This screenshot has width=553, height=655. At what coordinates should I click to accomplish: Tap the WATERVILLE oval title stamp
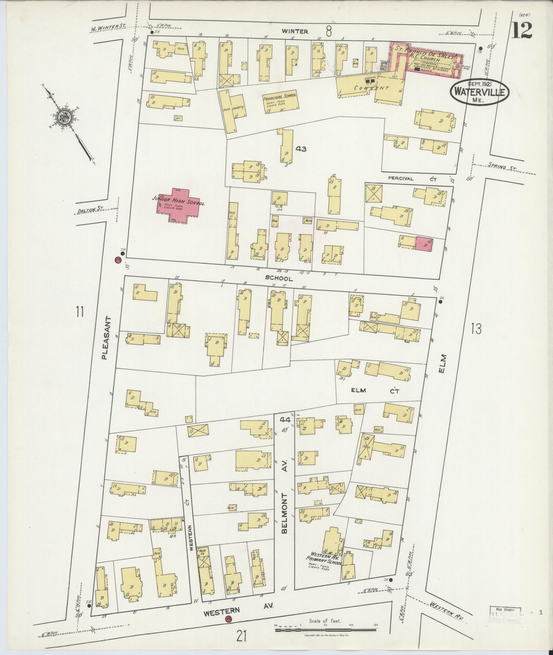point(479,91)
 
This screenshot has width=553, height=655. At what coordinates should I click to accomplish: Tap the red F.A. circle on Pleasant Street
point(118,260)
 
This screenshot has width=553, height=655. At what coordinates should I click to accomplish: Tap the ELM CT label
point(374,390)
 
